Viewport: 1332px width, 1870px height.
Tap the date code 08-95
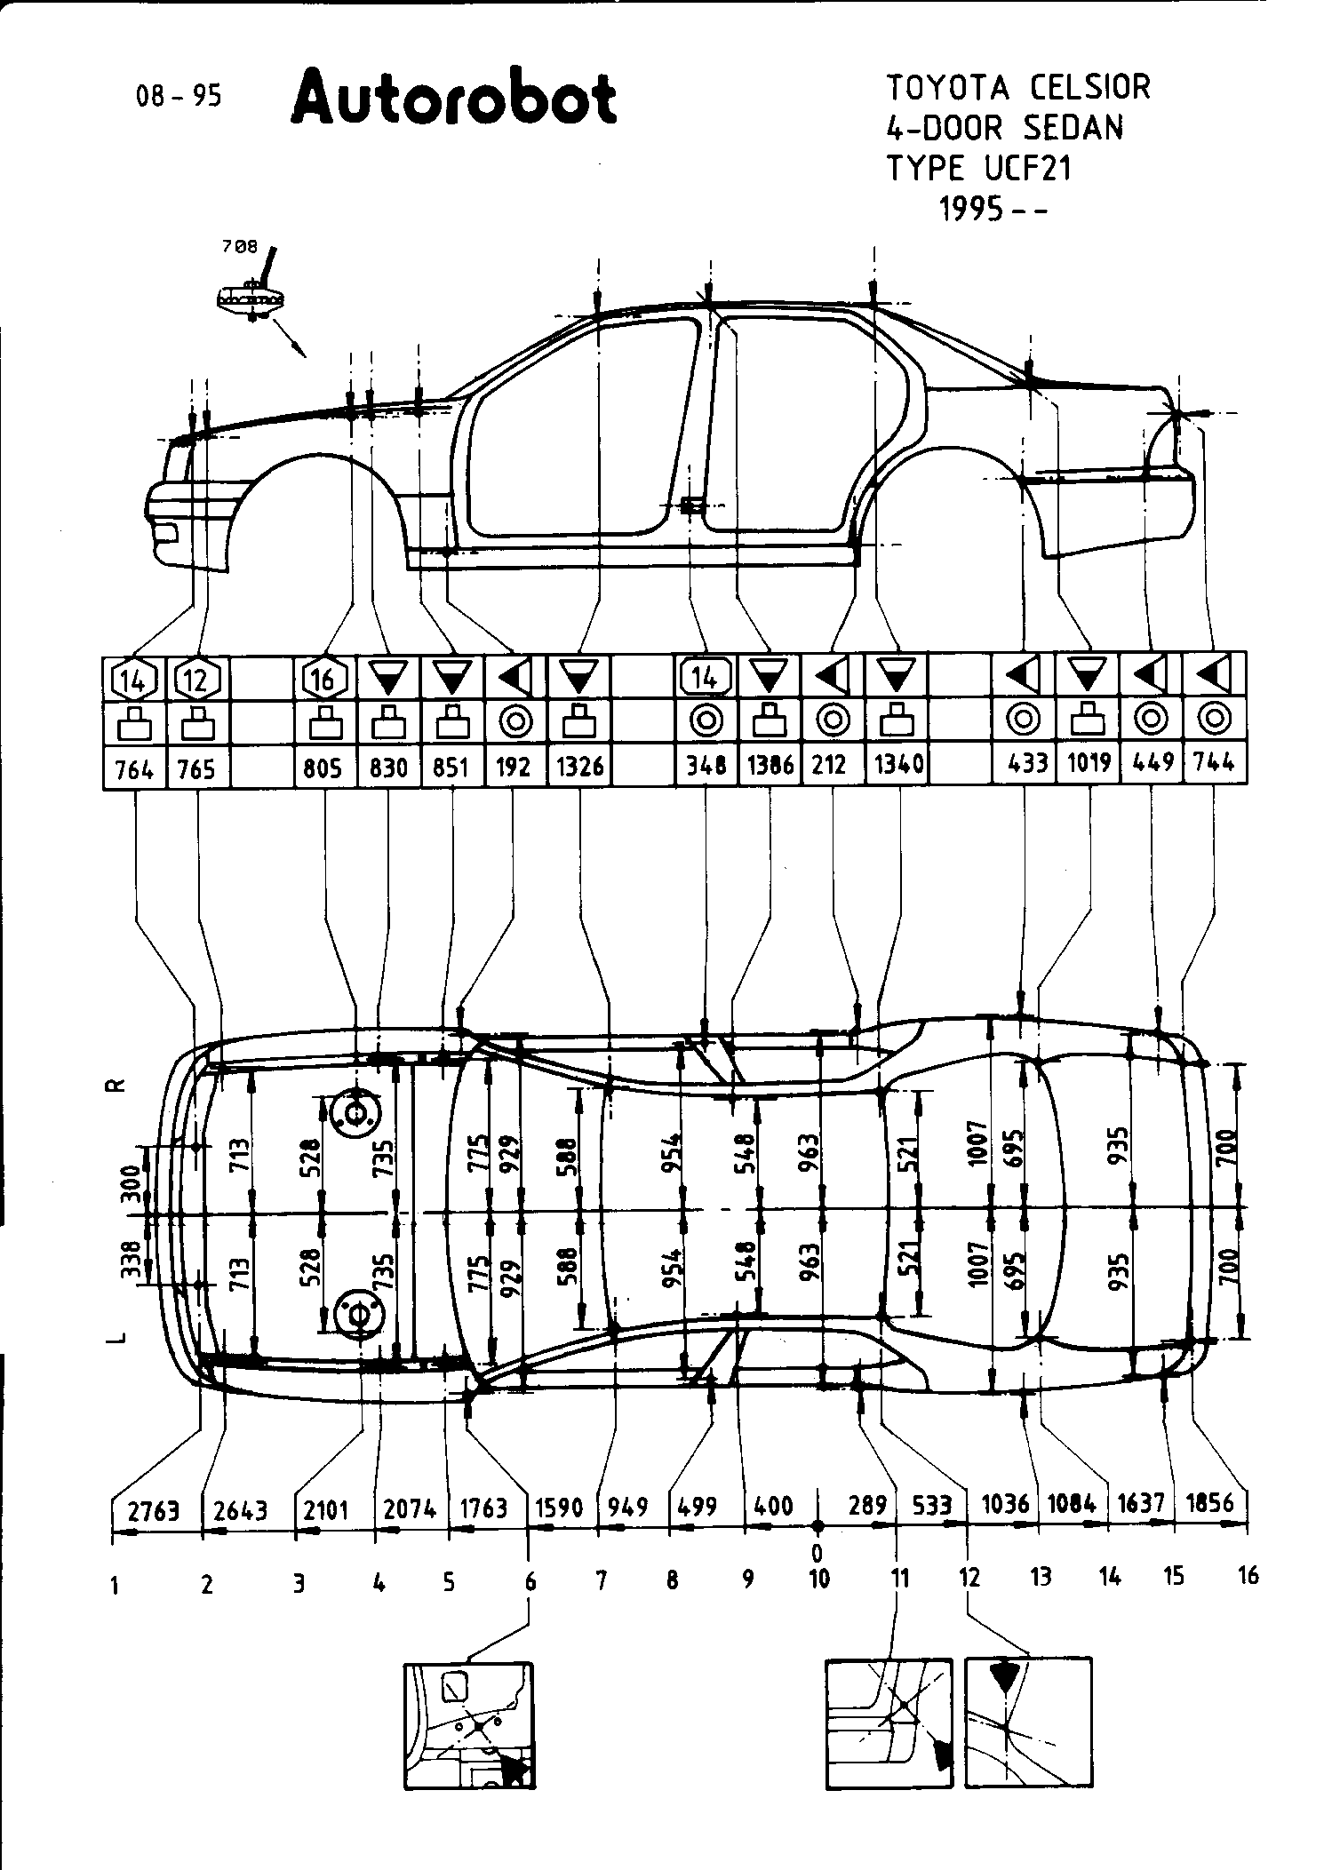click(x=179, y=96)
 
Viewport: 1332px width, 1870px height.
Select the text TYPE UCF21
click(x=978, y=168)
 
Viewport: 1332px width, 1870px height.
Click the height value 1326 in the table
click(x=579, y=766)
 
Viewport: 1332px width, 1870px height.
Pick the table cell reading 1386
click(x=770, y=766)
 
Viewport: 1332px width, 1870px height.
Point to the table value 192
click(x=513, y=766)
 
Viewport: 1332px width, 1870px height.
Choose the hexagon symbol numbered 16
click(x=323, y=680)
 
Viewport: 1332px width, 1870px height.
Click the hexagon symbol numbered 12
click(x=197, y=680)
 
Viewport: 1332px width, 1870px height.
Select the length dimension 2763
click(x=154, y=1509)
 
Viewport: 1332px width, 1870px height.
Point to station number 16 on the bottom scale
click(x=1248, y=1576)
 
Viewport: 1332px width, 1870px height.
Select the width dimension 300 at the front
click(x=131, y=1182)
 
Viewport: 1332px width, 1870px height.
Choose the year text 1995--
click(x=993, y=209)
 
